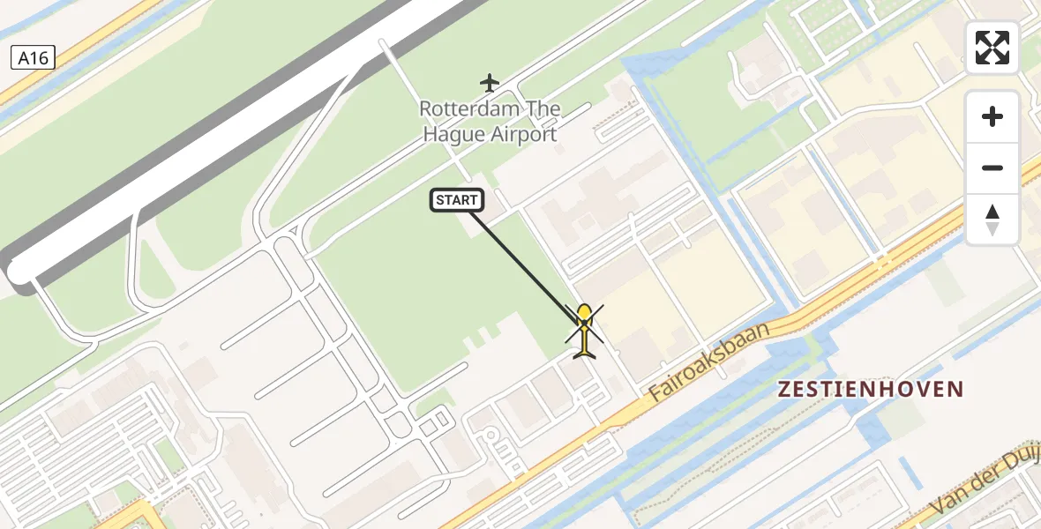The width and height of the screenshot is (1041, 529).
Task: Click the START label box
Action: click(x=457, y=200)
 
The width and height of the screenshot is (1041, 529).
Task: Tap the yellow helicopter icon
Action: click(x=584, y=332)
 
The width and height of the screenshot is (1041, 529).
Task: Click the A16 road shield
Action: click(x=33, y=58)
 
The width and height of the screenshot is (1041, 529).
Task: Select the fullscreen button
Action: click(x=992, y=48)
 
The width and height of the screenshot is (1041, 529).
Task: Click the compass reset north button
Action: click(x=992, y=220)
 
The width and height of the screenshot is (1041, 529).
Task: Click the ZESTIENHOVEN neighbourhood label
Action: click(x=871, y=389)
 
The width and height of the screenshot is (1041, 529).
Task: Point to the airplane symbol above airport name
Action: click(x=490, y=83)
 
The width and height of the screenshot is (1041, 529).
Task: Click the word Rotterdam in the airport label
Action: click(x=463, y=109)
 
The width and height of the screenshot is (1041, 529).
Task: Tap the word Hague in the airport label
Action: click(x=452, y=135)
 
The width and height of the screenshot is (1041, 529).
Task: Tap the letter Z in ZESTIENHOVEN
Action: click(x=784, y=389)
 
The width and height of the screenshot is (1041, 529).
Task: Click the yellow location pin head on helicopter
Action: click(x=584, y=313)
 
